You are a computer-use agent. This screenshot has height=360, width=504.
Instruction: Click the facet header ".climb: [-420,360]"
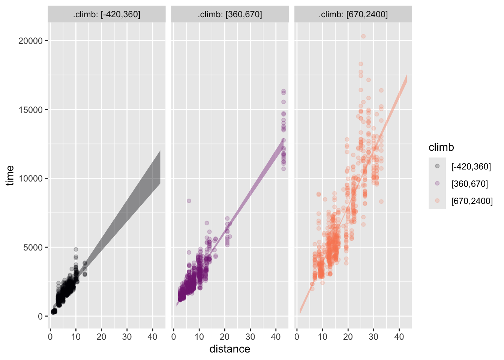(107, 15)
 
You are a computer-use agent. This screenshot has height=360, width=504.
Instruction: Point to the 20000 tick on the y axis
(30, 41)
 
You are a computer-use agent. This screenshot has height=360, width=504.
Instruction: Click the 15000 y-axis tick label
(30, 110)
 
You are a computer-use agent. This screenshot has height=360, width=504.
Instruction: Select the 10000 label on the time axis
(30, 178)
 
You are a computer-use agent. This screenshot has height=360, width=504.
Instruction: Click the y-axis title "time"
(10, 175)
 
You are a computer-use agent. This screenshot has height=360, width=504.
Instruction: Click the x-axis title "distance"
(229, 349)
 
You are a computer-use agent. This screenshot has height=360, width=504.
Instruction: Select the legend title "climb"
(441, 147)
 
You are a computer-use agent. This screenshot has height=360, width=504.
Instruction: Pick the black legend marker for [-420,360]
(437, 166)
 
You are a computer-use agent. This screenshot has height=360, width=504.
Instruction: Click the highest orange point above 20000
(363, 36)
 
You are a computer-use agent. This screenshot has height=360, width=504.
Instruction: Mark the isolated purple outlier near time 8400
(189, 201)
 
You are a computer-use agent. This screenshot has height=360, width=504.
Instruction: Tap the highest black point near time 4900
(76, 249)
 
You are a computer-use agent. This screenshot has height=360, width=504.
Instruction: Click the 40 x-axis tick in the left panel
(152, 337)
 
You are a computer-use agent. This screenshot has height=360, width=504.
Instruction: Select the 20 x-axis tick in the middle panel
(225, 337)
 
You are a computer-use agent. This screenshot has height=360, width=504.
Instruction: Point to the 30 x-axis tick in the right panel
(373, 337)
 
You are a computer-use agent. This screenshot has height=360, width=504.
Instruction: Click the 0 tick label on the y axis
(40, 316)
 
